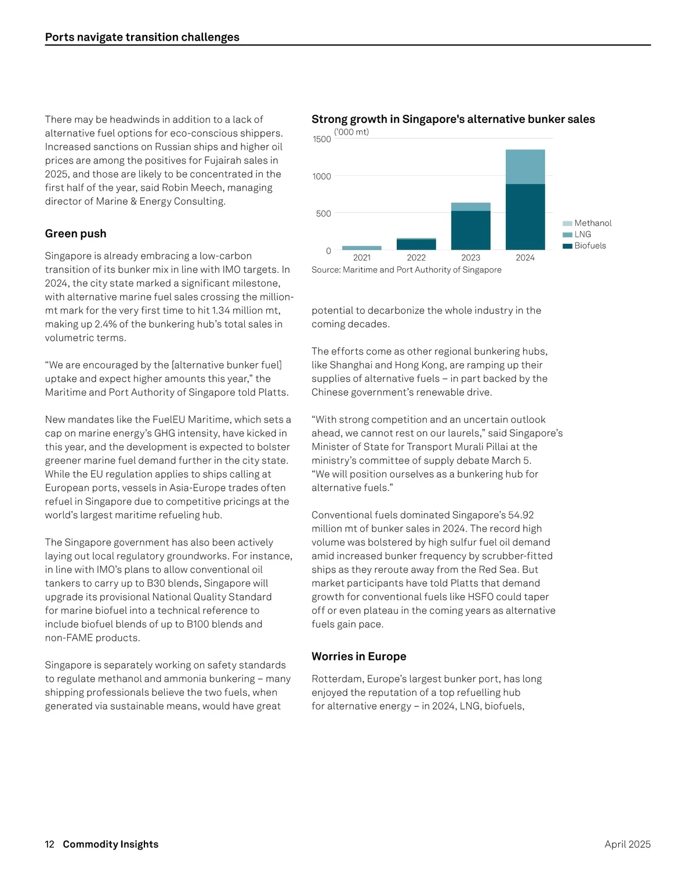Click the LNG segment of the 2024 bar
[525, 167]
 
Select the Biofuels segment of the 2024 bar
[525, 216]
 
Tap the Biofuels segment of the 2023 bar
[470, 230]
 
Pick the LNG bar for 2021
[361, 248]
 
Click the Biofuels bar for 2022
[416, 244]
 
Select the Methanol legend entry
[592, 223]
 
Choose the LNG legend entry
[582, 234]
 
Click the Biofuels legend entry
[589, 245]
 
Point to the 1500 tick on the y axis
[322, 139]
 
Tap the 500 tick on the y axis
[323, 214]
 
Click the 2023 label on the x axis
[470, 258]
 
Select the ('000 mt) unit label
[351, 132]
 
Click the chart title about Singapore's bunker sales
[453, 119]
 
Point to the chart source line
[406, 270]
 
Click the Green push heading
[75, 233]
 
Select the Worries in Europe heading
[358, 656]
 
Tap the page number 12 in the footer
[49, 844]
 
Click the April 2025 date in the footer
[627, 844]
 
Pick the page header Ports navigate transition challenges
[142, 37]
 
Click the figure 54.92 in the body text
[520, 515]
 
